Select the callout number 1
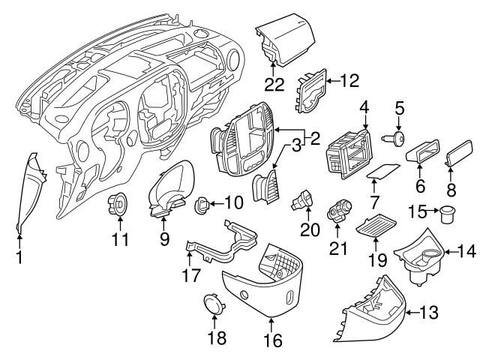[x=19, y=258]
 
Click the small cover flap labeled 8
[x=456, y=157]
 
